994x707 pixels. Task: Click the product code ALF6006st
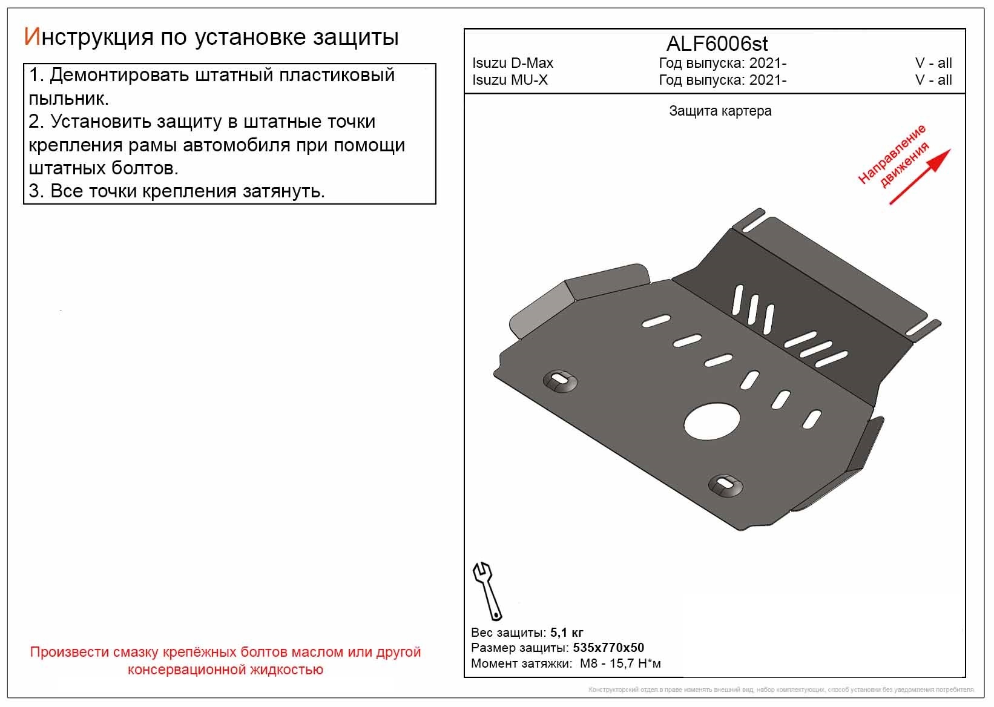pos(717,44)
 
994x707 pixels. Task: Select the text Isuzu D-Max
pos(512,63)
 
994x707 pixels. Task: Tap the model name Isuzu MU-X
pos(510,80)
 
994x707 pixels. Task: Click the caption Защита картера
pos(720,111)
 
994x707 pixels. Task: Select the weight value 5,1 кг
pos(567,633)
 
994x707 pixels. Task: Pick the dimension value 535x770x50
pos(608,648)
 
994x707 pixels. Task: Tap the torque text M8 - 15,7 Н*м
pos(620,663)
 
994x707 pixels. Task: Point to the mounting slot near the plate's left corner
pos(561,380)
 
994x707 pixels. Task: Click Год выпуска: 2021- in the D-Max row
pos(722,63)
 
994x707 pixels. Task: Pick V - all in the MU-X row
pos(933,80)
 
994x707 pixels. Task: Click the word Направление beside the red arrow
pos(892,154)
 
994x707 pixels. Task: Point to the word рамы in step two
pos(205,146)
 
